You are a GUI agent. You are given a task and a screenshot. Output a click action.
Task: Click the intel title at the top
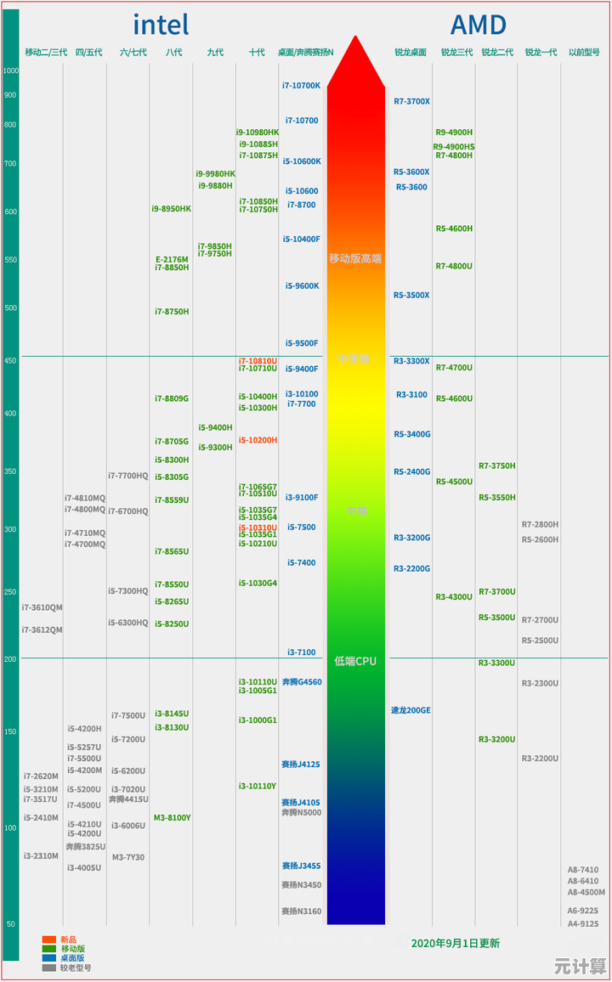tap(161, 25)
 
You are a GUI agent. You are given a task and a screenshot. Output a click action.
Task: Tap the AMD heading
tap(478, 25)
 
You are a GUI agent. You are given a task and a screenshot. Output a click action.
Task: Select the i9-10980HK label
tap(257, 133)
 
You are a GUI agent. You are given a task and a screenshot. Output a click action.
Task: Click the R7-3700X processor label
tap(411, 102)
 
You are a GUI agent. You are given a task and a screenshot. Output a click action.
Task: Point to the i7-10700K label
tap(302, 86)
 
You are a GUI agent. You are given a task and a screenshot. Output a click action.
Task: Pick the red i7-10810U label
tap(257, 361)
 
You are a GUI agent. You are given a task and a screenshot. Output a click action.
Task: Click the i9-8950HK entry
tap(172, 209)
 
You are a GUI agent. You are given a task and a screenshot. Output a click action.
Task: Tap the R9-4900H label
tap(454, 133)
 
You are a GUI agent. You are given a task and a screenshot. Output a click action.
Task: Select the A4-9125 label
tap(583, 923)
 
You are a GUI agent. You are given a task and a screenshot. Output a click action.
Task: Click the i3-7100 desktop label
tap(301, 652)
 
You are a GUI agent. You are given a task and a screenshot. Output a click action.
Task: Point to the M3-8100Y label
tap(172, 818)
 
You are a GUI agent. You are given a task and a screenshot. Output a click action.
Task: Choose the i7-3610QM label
tap(42, 607)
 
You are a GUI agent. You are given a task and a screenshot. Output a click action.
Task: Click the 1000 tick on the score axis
tap(10, 71)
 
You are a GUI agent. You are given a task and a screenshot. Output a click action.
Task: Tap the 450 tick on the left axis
tap(10, 361)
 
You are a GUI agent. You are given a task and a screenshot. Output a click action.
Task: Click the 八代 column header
tap(173, 53)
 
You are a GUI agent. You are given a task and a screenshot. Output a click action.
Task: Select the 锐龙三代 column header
tap(456, 53)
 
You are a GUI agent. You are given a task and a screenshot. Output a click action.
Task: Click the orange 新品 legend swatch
tap(49, 940)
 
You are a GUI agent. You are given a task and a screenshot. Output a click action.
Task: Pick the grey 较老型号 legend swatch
tap(49, 967)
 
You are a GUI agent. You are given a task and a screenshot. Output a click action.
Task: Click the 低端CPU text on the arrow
tap(355, 661)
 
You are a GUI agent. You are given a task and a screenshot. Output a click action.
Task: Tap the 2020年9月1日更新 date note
tap(455, 943)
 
